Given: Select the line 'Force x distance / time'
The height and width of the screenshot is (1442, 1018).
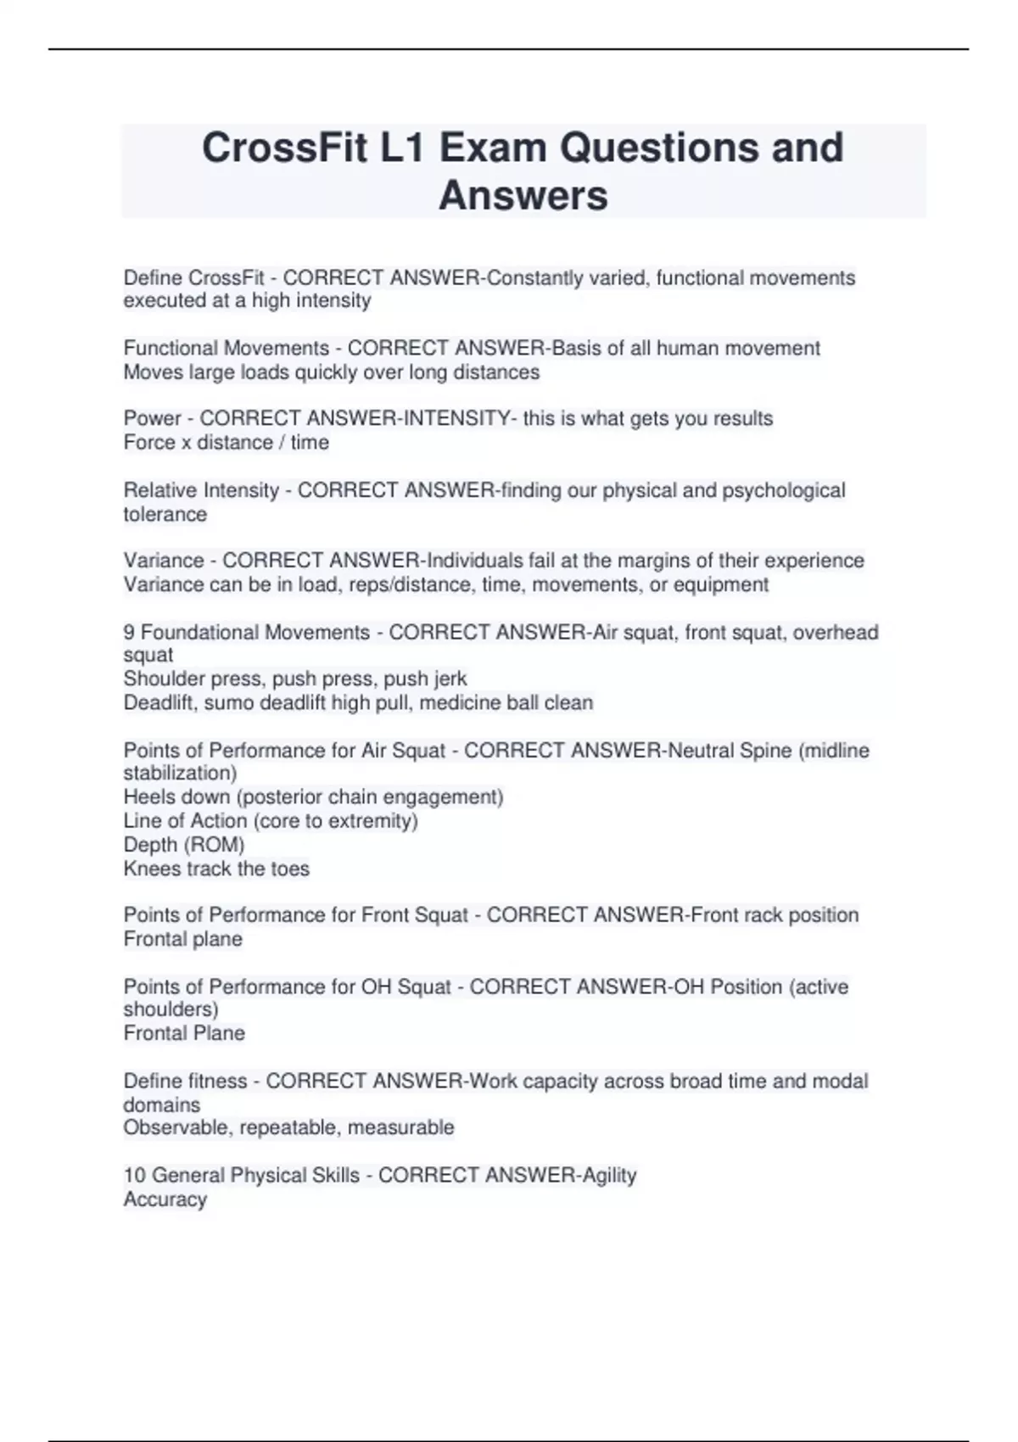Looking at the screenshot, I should point(226,442).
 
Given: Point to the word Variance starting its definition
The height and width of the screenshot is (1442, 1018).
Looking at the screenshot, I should point(164,561).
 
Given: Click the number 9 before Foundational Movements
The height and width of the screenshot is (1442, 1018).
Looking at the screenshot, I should point(129,632).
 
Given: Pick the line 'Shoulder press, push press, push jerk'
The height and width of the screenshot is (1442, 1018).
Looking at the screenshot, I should point(294,679).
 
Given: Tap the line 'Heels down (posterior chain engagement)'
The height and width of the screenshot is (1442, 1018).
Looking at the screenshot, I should point(313,796).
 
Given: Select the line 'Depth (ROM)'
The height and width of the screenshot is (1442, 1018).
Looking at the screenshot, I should point(183,845).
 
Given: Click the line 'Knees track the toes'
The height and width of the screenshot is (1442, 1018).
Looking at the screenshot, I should point(216,869).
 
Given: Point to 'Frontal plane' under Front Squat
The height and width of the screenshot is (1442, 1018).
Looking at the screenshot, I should point(182,939).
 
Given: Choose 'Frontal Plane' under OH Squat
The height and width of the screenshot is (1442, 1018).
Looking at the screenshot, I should point(183,1033).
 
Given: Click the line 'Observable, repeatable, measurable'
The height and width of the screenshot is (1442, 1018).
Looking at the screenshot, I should point(288,1127).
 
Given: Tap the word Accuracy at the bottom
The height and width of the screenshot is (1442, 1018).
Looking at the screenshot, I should point(165,1199).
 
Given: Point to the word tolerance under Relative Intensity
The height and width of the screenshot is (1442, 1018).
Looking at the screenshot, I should point(165,514).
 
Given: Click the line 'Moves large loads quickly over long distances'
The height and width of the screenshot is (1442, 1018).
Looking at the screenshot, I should point(331,372).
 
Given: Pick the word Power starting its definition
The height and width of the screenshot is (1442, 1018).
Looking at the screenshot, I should point(153,418).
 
